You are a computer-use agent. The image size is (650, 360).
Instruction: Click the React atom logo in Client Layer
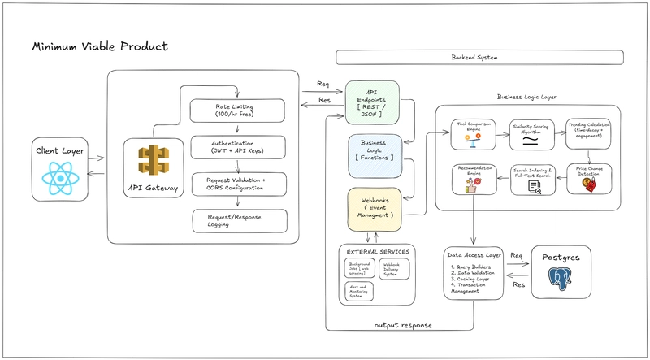pos(60,176)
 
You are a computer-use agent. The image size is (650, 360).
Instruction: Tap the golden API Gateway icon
pos(152,163)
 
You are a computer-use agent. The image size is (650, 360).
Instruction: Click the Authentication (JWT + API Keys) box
pos(238,147)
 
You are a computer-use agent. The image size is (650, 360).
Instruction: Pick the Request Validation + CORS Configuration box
pos(238,184)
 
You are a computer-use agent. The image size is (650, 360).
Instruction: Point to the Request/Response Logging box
pos(238,220)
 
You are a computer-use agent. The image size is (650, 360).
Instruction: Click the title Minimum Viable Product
pos(99,47)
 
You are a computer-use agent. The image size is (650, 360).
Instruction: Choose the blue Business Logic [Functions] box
pos(373,155)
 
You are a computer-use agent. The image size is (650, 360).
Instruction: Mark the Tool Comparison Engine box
pos(474,132)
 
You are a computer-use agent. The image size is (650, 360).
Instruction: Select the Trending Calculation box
pos(587,132)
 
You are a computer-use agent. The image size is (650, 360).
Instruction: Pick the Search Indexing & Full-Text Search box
pos(532,180)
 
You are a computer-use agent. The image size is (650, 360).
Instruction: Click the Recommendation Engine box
pos(474,179)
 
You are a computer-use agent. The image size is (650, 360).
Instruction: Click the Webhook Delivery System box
pos(395,269)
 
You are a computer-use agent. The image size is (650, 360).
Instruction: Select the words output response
pos(403,324)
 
